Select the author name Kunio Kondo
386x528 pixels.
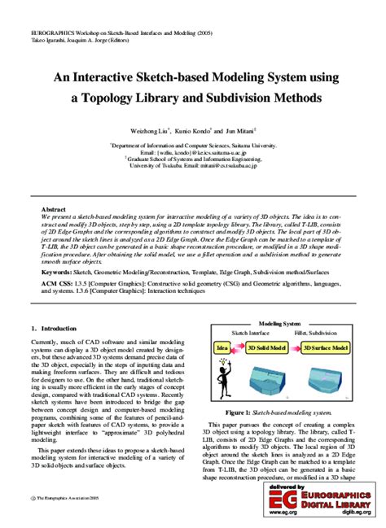coord(192,129)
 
